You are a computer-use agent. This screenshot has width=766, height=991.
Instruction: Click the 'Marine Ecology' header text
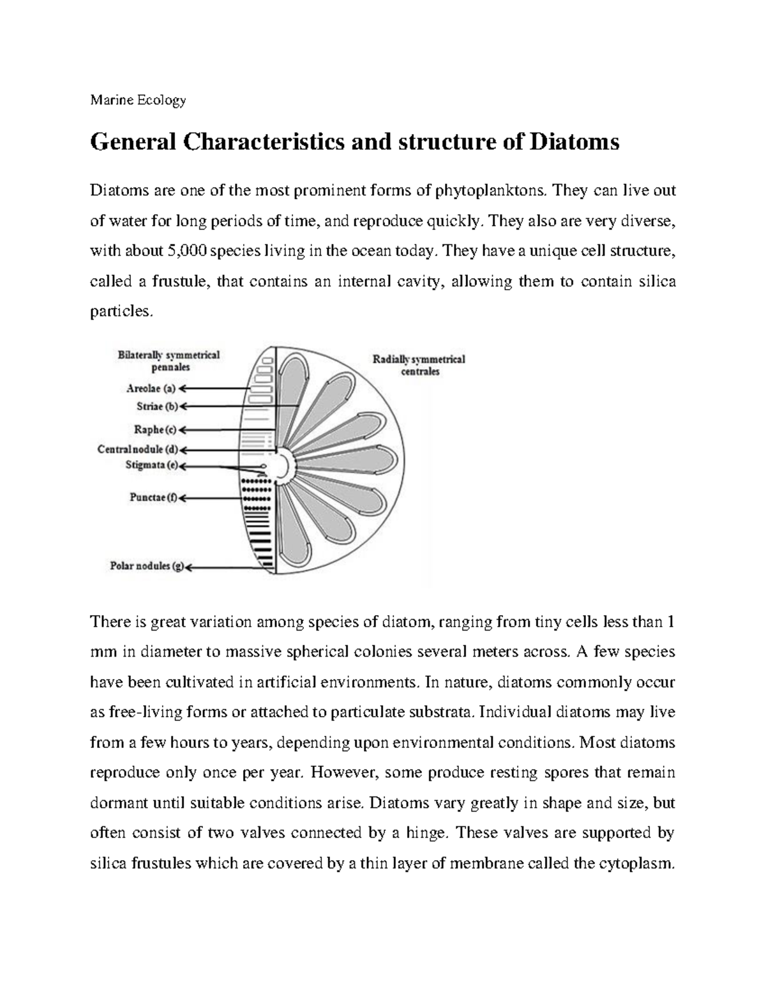(x=138, y=100)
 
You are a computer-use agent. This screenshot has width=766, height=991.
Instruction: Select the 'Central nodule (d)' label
(x=139, y=449)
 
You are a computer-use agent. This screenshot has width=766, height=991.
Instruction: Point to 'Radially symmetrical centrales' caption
(x=419, y=365)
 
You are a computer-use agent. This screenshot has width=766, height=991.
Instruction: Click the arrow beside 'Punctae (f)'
(x=211, y=498)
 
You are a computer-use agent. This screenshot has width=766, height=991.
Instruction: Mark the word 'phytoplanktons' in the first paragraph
(x=490, y=190)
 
